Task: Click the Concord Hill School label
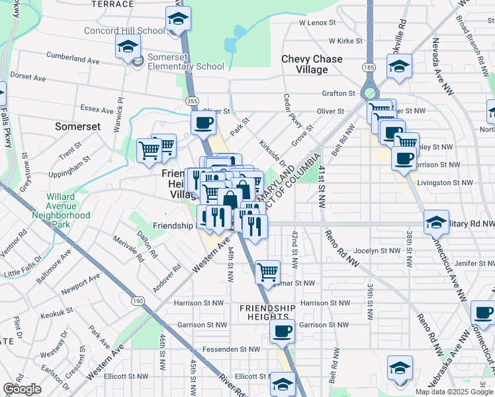pyautogui.click(x=124, y=30)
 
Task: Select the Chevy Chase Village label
pyautogui.click(x=312, y=64)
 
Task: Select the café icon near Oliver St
pyautogui.click(x=203, y=122)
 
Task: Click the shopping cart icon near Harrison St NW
pyautogui.click(x=267, y=271)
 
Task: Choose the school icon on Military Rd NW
pyautogui.click(x=436, y=222)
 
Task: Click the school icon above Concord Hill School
pyautogui.click(x=177, y=19)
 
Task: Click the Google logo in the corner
pyautogui.click(x=22, y=389)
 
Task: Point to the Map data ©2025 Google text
pyautogui.click(x=453, y=392)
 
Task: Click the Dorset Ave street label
pyautogui.click(x=27, y=77)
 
